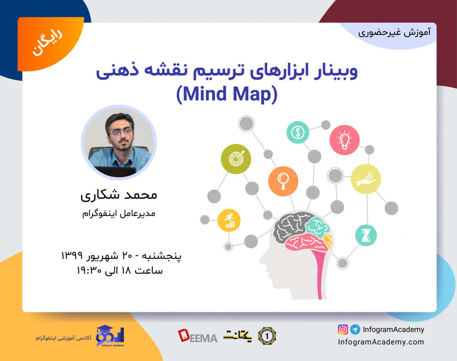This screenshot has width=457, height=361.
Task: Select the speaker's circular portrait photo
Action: [119, 142]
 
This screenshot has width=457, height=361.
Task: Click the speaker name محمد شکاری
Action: [119, 195]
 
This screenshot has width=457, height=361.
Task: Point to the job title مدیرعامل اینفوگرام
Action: [119, 214]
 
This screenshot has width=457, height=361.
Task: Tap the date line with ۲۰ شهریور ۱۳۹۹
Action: [121, 256]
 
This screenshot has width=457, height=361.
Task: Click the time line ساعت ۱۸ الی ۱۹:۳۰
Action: [120, 271]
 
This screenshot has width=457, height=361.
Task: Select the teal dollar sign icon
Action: [297, 133]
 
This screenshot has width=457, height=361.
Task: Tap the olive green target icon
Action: [236, 158]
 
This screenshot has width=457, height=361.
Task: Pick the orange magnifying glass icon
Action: [283, 180]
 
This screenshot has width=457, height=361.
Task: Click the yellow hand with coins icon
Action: [366, 179]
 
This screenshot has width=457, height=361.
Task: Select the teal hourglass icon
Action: [366, 235]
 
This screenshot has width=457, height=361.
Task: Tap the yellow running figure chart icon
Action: [229, 220]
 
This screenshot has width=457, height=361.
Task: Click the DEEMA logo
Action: [197, 336]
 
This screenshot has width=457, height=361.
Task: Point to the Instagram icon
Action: [343, 329]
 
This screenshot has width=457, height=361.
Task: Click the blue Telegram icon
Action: [355, 329]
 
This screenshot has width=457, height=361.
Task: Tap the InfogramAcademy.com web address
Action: [381, 342]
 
